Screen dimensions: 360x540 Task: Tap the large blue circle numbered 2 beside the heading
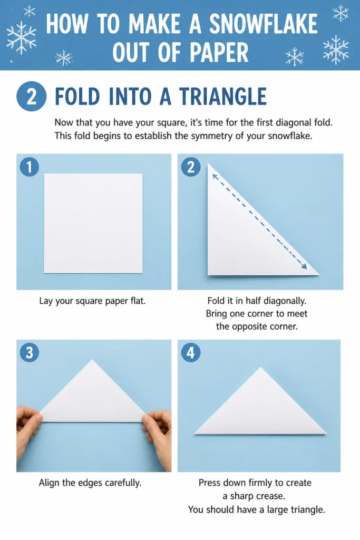(x=31, y=96)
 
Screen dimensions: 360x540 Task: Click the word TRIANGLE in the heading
(x=222, y=97)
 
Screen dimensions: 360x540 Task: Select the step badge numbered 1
(x=30, y=167)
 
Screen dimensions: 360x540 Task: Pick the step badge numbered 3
(x=30, y=353)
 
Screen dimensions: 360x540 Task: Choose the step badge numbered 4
(x=191, y=353)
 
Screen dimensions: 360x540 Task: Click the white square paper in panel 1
(x=93, y=223)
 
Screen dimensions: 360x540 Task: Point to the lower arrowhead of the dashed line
(x=304, y=266)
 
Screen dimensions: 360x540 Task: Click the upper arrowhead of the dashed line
(x=215, y=176)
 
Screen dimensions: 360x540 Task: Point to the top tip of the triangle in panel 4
(x=260, y=368)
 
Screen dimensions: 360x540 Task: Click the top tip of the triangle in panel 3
(x=92, y=360)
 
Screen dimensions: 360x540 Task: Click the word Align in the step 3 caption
(x=49, y=483)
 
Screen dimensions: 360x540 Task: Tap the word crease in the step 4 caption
(x=273, y=496)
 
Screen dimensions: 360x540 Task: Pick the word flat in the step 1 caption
(x=138, y=301)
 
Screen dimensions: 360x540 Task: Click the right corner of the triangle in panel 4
(x=326, y=433)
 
